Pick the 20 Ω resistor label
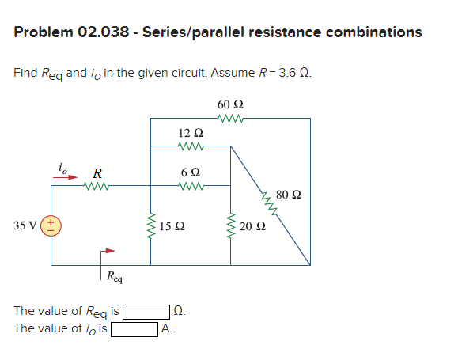252,226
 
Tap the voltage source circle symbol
53,225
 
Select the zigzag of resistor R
97,187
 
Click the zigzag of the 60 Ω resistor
230,119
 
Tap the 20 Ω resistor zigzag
231,225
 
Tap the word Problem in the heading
43,32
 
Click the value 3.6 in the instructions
286,74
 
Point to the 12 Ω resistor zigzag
191,146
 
